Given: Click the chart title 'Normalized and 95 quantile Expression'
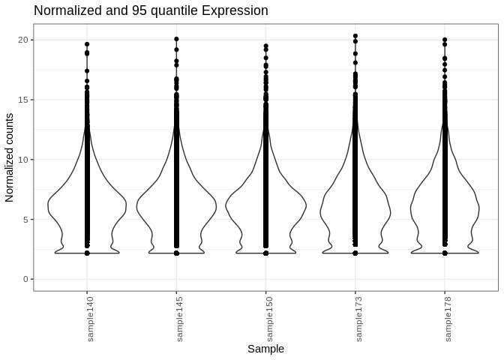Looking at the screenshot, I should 151,11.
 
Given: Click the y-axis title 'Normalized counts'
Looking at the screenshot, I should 10,157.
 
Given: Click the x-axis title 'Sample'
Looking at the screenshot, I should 265,349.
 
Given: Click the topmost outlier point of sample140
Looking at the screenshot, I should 87,44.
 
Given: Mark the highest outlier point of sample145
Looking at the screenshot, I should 176,39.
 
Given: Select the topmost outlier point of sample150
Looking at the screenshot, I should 265,46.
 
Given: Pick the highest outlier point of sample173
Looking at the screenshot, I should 355,36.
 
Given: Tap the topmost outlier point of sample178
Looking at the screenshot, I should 445,40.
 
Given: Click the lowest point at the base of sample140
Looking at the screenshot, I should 87,253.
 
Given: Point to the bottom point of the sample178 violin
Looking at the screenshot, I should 445,253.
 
